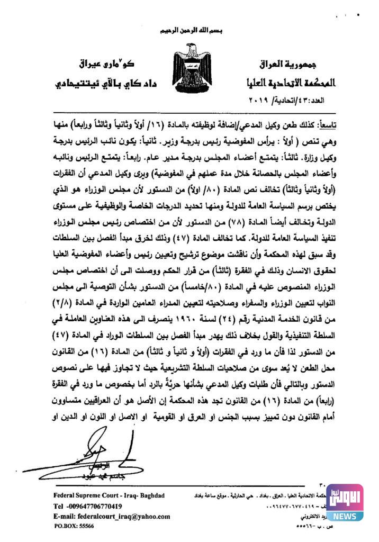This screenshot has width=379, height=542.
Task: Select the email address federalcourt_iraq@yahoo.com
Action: click(x=112, y=517)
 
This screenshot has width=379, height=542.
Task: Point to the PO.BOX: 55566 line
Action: click(x=74, y=527)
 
